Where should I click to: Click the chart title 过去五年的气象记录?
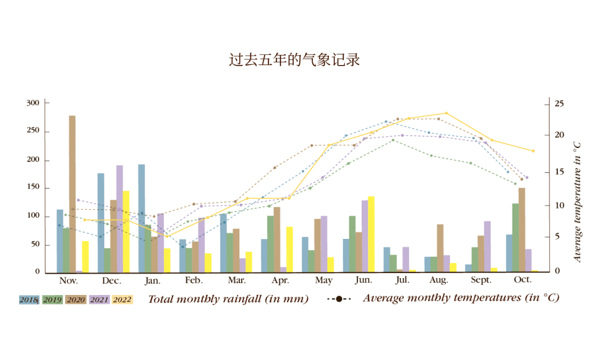click(x=294, y=59)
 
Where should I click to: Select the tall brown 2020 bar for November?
click(x=72, y=194)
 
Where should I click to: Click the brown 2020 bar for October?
click(x=522, y=230)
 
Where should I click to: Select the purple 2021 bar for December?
click(x=119, y=219)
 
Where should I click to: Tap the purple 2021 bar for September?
click(x=487, y=247)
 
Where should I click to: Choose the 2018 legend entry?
click(x=29, y=299)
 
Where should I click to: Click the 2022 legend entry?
click(x=122, y=299)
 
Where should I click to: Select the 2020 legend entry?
click(x=76, y=299)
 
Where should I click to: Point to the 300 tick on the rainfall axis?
click(x=33, y=103)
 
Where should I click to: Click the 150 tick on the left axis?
click(x=33, y=188)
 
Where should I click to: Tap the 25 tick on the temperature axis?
click(x=559, y=104)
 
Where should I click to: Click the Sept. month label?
click(x=481, y=280)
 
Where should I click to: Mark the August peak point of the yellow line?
click(x=446, y=113)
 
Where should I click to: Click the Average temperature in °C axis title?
click(x=577, y=202)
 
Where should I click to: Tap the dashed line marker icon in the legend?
click(x=339, y=299)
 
